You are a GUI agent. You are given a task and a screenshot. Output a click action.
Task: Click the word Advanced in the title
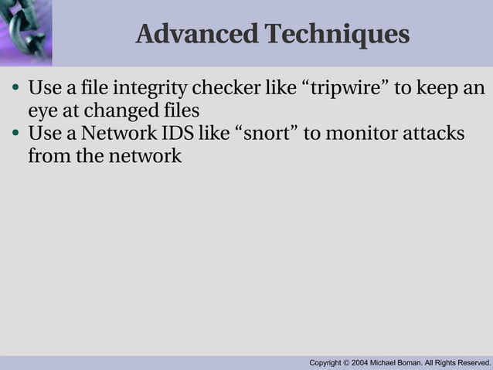pyautogui.click(x=196, y=34)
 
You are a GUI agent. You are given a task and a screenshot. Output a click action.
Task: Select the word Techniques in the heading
pyautogui.click(x=336, y=34)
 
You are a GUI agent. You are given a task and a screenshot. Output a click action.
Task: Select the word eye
pyautogui.click(x=41, y=110)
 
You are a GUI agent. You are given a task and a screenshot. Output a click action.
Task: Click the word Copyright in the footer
pyautogui.click(x=325, y=362)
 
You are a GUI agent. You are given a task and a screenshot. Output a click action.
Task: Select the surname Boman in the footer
pyautogui.click(x=416, y=362)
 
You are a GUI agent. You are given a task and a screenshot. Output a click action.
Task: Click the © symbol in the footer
pyautogui.click(x=347, y=362)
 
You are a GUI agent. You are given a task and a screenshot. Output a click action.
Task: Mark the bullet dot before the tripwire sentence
pyautogui.click(x=15, y=87)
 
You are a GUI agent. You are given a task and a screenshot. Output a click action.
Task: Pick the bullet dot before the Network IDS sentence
pyautogui.click(x=15, y=134)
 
